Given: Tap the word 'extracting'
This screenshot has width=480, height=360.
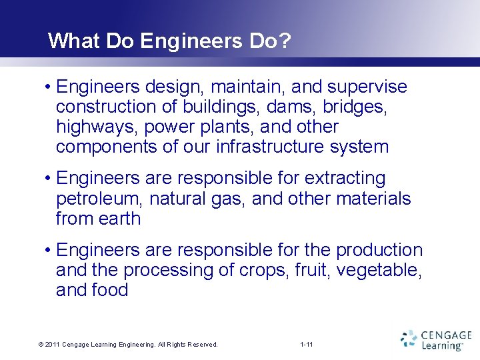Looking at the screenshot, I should tap(345, 179).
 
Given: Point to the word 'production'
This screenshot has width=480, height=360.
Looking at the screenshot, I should tap(379, 250).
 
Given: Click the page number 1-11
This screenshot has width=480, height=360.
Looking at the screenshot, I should tap(307, 345).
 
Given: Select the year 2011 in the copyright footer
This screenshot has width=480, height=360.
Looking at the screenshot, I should tap(53, 345).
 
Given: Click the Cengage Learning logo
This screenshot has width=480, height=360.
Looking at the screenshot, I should tap(436, 339).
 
